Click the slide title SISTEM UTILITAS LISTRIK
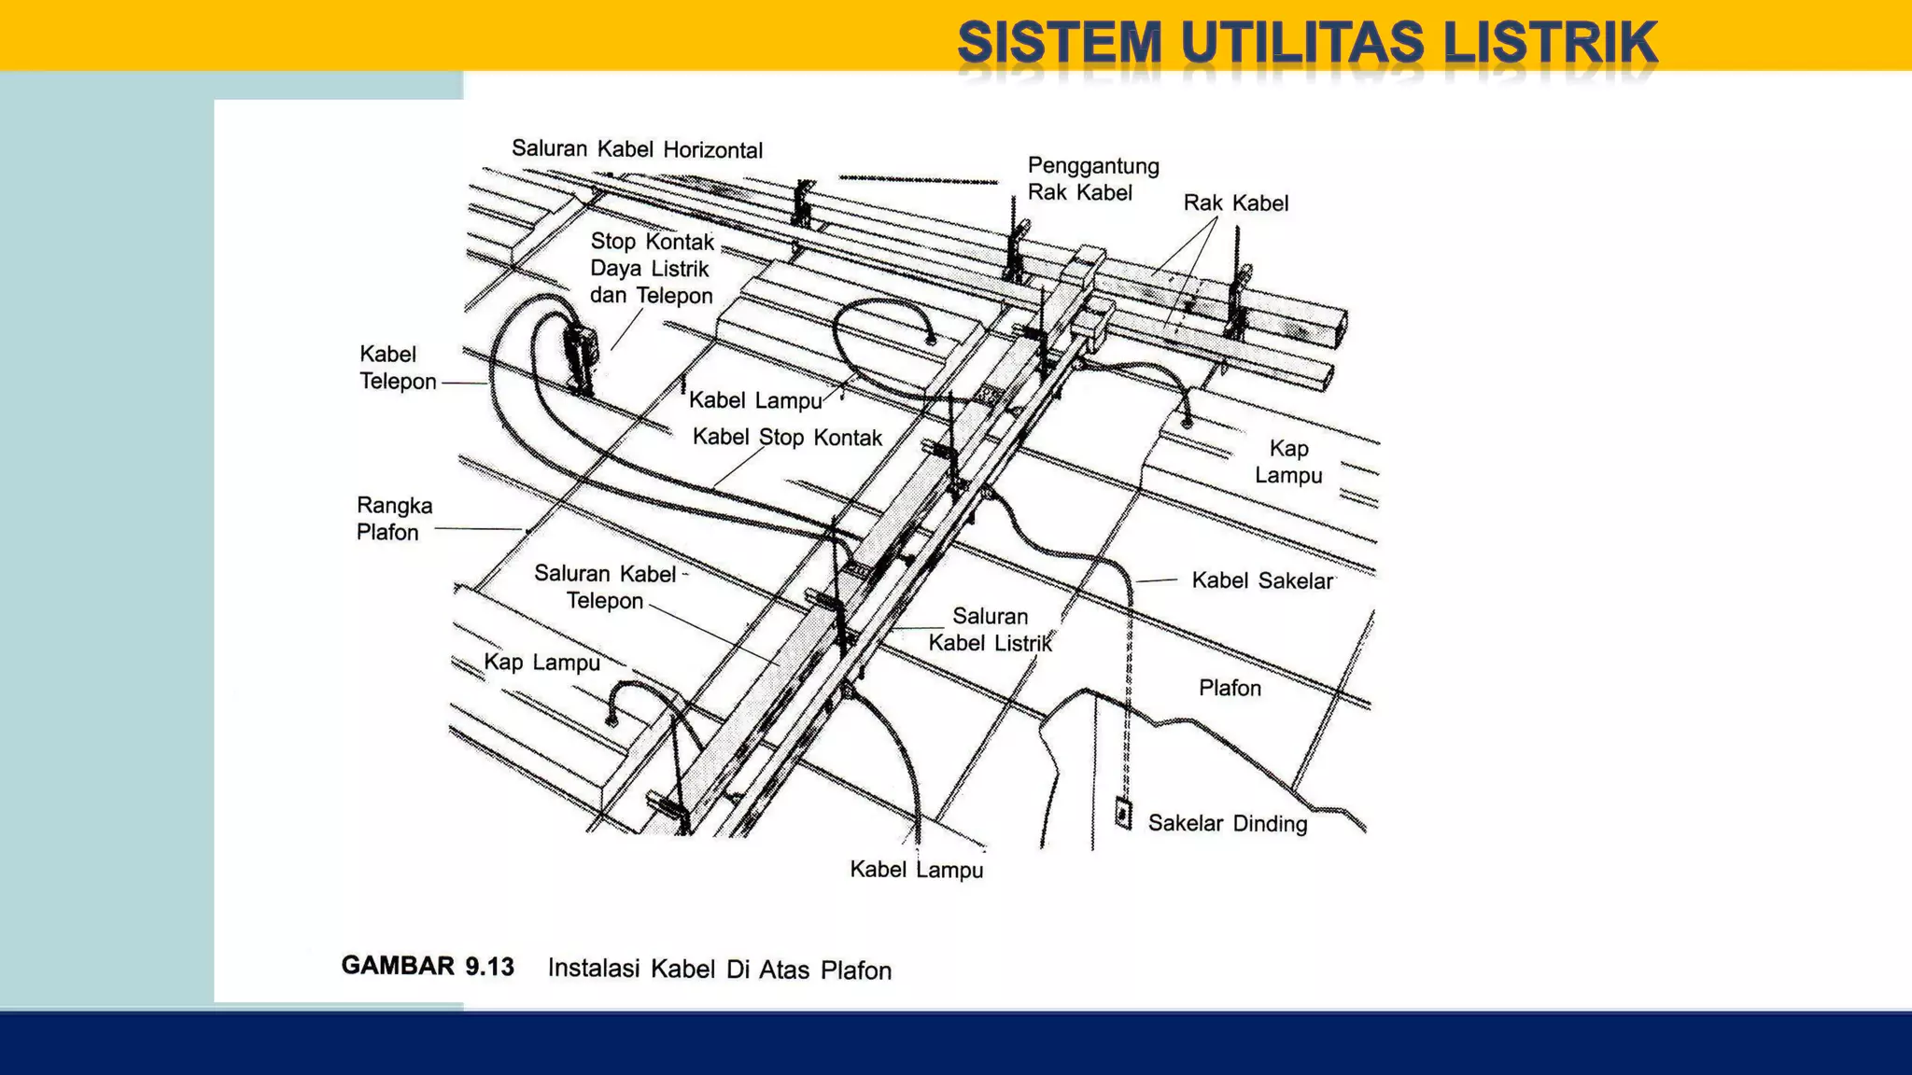pyautogui.click(x=1306, y=43)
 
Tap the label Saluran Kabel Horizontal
pyautogui.click(x=637, y=149)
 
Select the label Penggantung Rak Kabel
pyautogui.click(x=1092, y=179)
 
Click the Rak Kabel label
pyautogui.click(x=1235, y=203)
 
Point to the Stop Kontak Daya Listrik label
pyautogui.click(x=651, y=269)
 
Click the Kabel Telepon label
pyautogui.click(x=397, y=368)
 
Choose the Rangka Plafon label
pyautogui.click(x=393, y=519)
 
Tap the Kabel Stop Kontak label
pyautogui.click(x=786, y=438)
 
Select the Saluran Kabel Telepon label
pyautogui.click(x=605, y=587)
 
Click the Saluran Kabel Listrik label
pyautogui.click(x=990, y=630)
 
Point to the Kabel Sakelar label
pyautogui.click(x=1262, y=581)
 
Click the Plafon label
pyautogui.click(x=1229, y=689)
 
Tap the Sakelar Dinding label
pyautogui.click(x=1227, y=824)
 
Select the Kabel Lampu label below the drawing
pyautogui.click(x=916, y=870)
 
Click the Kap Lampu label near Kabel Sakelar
pyautogui.click(x=1288, y=462)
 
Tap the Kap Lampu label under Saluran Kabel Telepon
pyautogui.click(x=541, y=663)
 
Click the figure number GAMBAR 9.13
pyautogui.click(x=428, y=966)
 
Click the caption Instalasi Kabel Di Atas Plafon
pyautogui.click(x=719, y=970)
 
